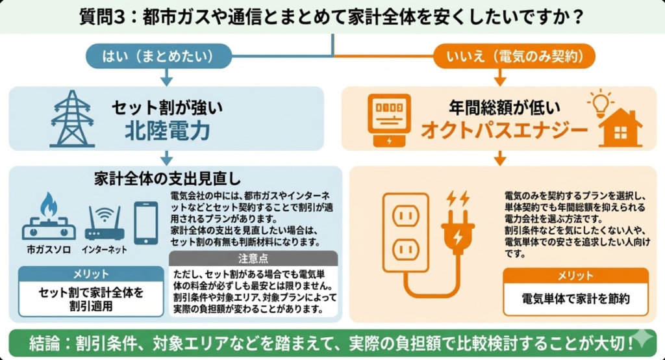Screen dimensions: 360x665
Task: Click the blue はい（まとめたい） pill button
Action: (167, 56)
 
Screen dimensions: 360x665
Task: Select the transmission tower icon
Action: (72, 118)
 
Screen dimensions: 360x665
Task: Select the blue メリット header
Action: (90, 274)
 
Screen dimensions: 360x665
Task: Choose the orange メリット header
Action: (575, 276)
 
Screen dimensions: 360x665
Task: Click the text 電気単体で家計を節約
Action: (575, 300)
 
